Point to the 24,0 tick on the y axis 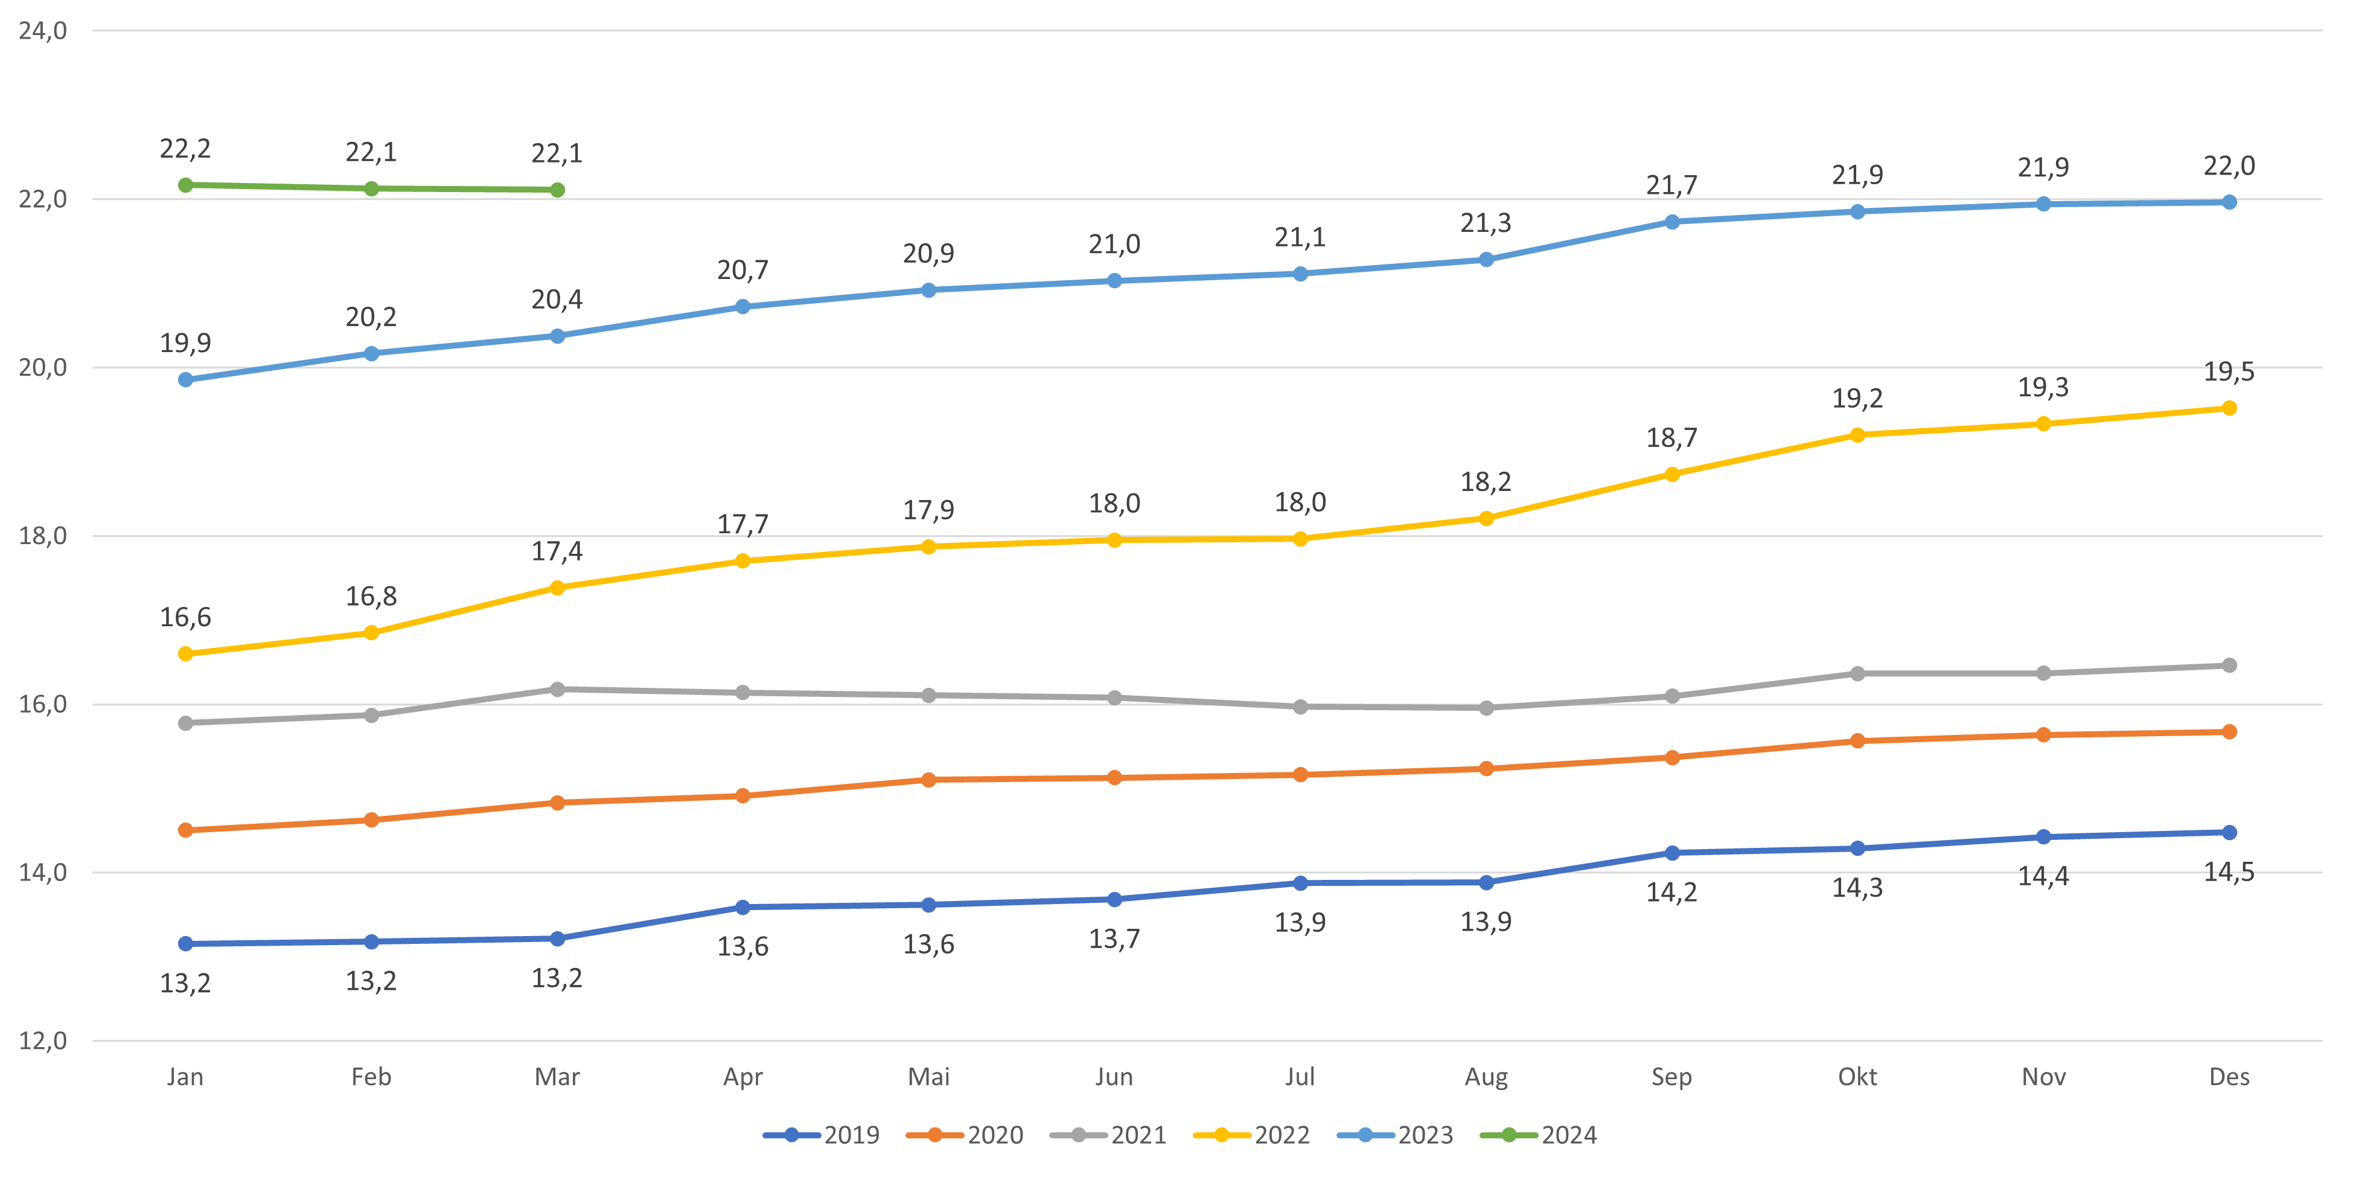43,31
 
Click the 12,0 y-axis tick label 43,1041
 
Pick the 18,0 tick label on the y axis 43,536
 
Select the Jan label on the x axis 185,1077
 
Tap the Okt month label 1857,1077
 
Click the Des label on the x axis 2229,1077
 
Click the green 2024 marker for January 185,185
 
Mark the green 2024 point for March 557,190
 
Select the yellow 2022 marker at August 1486,519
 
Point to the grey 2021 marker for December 2229,665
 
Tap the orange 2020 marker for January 185,830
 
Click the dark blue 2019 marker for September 1671,853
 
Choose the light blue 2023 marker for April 742,307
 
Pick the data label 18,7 1671,438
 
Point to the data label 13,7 1114,938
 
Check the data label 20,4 557,300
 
